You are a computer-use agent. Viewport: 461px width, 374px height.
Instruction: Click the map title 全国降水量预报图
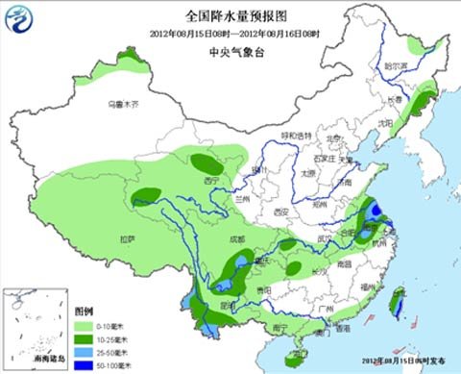[x=230, y=15]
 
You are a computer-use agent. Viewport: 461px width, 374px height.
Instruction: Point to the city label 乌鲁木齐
[x=122, y=103]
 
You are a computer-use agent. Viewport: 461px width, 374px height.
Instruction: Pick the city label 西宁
[x=211, y=179]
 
